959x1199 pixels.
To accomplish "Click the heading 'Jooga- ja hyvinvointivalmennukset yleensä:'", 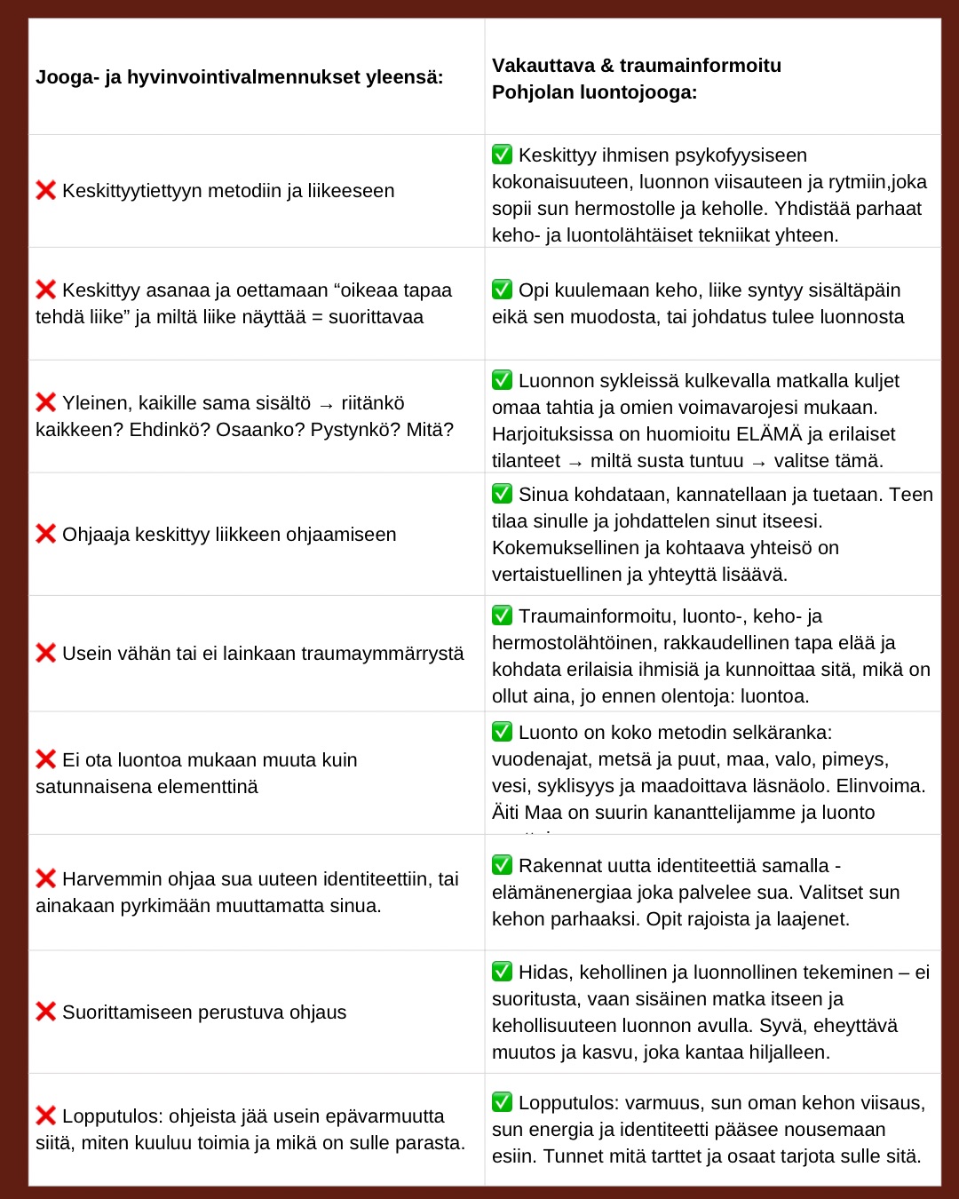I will pyautogui.click(x=239, y=77).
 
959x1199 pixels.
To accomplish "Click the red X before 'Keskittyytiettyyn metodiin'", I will pyautogui.click(x=46, y=190).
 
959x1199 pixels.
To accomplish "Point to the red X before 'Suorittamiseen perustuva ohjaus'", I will pyautogui.click(x=46, y=1012).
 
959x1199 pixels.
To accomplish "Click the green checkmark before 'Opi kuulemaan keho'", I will pyautogui.click(x=503, y=290).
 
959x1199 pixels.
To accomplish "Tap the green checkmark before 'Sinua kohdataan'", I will pyautogui.click(x=503, y=494).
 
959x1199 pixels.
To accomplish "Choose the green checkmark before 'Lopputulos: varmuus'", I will pyautogui.click(x=503, y=1102).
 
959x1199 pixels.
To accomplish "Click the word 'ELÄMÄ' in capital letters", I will pyautogui.click(x=769, y=434).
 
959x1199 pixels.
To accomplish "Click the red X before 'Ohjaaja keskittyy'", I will pyautogui.click(x=46, y=534).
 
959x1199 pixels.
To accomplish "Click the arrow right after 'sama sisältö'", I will pyautogui.click(x=326, y=404).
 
